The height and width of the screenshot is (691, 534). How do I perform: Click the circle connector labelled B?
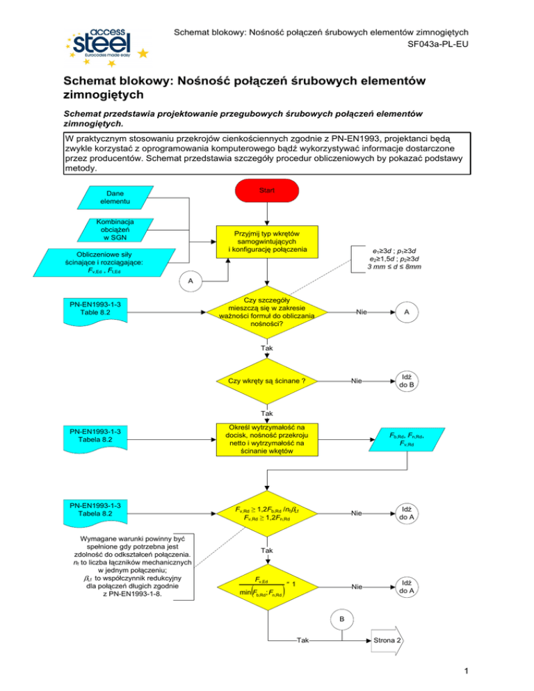(341, 618)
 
